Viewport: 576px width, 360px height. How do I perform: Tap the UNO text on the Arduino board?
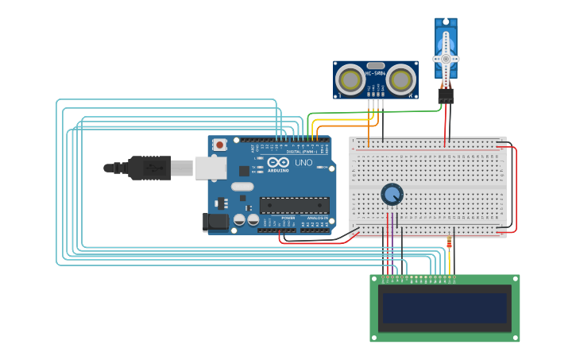(x=303, y=163)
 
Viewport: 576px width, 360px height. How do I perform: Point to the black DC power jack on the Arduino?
(x=215, y=222)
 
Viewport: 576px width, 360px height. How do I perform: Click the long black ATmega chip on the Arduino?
(x=294, y=205)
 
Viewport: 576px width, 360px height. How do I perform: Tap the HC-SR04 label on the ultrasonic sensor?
(x=376, y=74)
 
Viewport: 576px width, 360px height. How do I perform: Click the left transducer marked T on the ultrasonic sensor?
(x=350, y=79)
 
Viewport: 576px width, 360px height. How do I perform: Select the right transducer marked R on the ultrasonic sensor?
(x=401, y=79)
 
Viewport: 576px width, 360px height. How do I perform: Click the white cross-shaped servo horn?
(x=446, y=59)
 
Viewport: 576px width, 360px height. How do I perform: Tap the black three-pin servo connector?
(x=446, y=95)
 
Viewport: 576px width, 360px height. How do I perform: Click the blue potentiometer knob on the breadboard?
(x=392, y=194)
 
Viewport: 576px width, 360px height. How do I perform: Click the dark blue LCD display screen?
(x=444, y=308)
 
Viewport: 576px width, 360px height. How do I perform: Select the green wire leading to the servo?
(x=373, y=112)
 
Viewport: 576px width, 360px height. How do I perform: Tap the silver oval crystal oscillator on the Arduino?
(x=242, y=187)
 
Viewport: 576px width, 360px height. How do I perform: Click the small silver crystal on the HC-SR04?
(x=376, y=65)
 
